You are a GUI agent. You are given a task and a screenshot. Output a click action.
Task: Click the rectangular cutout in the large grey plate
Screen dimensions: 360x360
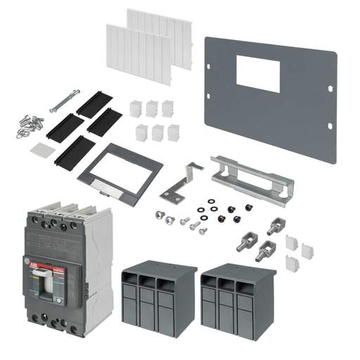257,75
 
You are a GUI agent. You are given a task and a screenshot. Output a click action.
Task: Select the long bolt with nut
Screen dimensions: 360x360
64,101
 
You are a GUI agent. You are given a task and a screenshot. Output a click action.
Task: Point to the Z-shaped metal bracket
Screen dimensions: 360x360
181,181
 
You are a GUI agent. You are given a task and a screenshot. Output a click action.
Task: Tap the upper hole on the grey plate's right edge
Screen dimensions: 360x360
330,89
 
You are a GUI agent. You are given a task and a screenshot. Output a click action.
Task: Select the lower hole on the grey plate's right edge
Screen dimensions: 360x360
329,126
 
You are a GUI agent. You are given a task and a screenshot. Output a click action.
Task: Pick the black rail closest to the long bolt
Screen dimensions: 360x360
94,104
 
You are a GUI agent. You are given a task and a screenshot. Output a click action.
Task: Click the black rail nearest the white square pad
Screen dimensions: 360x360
74,150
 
